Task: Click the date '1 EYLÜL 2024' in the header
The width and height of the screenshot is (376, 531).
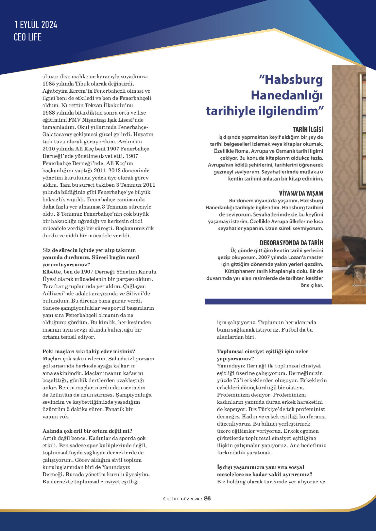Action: coord(36,25)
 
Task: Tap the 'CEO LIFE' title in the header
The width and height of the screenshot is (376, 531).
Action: coord(28,37)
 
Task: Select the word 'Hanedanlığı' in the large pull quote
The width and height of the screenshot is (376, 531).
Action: coord(287,95)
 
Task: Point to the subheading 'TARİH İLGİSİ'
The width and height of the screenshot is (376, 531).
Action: coord(308,130)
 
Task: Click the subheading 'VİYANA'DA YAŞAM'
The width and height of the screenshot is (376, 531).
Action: coord(301,193)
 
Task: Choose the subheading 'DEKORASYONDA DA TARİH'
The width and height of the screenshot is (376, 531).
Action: coord(291,243)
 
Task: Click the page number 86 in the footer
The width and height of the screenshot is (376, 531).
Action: coord(207,498)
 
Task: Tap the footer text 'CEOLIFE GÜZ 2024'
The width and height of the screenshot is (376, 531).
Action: coord(181,499)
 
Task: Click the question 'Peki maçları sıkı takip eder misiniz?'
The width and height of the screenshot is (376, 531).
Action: coord(89,351)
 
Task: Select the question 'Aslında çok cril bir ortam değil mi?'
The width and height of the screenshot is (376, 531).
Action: coord(87,431)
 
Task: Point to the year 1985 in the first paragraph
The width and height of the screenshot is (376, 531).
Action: coord(49,84)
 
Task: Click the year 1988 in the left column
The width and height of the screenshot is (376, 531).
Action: coord(49,113)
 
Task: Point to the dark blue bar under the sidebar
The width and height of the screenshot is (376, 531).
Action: coord(268,302)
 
